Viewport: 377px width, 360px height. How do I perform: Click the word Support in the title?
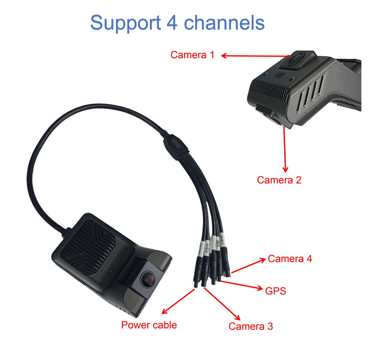click(125, 23)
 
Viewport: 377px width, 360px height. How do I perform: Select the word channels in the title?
click(225, 22)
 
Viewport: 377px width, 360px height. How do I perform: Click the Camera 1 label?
click(192, 55)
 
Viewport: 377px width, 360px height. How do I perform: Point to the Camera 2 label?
click(279, 180)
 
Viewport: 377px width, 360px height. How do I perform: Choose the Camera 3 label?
click(251, 326)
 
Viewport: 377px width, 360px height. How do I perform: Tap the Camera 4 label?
click(290, 259)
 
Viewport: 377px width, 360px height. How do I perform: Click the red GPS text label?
click(275, 291)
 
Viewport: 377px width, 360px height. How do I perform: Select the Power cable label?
click(149, 325)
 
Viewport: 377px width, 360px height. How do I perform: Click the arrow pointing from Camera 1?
click(255, 56)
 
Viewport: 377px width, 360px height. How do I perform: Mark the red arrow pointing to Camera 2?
click(284, 149)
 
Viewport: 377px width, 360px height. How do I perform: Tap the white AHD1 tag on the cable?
click(222, 239)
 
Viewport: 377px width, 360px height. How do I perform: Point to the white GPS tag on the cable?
click(217, 243)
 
